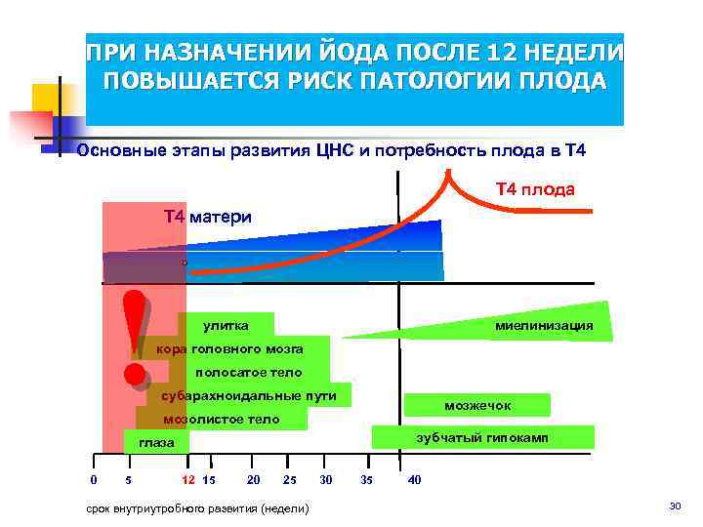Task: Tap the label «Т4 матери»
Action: click(x=207, y=217)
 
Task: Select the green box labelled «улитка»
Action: click(x=226, y=325)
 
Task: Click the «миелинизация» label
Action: click(x=544, y=325)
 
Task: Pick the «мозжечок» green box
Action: click(x=477, y=405)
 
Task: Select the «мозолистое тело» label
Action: click(x=221, y=420)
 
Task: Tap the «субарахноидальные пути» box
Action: click(x=248, y=395)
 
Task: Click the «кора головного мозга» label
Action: click(x=229, y=348)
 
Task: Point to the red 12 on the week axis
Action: click(x=188, y=479)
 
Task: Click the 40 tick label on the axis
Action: click(x=414, y=479)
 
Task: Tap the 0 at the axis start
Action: click(x=93, y=479)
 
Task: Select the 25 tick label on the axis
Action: click(x=289, y=479)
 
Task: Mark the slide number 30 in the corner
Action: click(x=674, y=505)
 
